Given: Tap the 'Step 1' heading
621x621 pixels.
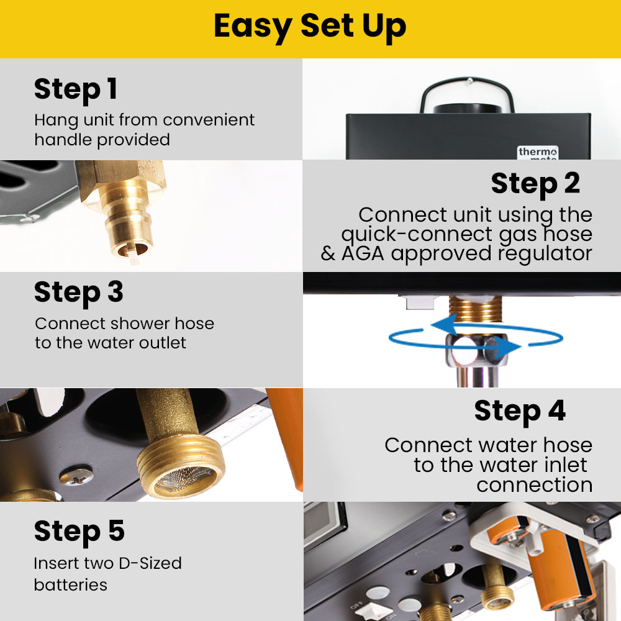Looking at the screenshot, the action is [x=76, y=89].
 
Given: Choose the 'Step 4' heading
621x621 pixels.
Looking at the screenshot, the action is [x=520, y=410].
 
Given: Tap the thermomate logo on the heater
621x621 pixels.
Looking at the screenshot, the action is [x=538, y=153].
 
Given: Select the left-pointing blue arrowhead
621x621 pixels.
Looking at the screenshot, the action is [x=443, y=325].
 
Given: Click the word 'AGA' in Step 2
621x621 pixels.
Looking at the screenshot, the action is [x=363, y=253].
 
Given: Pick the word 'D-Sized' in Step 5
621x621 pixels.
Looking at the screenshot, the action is [x=150, y=563].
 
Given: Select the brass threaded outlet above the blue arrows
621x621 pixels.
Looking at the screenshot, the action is [x=475, y=309].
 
